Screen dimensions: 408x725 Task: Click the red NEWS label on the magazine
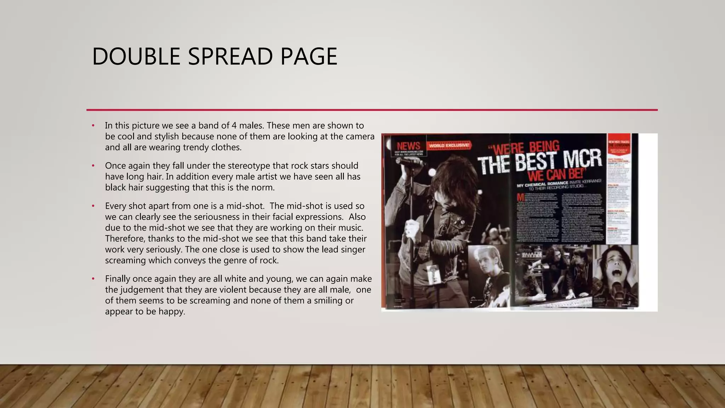pyautogui.click(x=408, y=146)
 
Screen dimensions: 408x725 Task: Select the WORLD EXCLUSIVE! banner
pyautogui.click(x=449, y=145)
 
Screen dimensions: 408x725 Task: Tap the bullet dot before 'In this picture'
pyautogui.click(x=93, y=126)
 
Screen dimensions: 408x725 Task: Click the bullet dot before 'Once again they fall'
pyautogui.click(x=93, y=166)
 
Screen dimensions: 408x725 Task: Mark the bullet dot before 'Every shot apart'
pyautogui.click(x=93, y=206)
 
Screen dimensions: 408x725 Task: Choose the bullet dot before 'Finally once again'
pyautogui.click(x=93, y=279)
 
